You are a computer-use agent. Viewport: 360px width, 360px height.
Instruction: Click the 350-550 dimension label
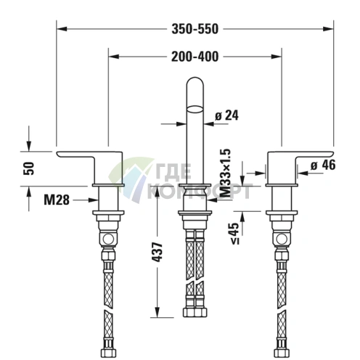click(194, 28)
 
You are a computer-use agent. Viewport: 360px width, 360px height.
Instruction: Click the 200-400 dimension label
click(194, 55)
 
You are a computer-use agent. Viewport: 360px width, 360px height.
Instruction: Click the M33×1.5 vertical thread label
click(226, 173)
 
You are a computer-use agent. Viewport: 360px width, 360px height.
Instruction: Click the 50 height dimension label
click(29, 168)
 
